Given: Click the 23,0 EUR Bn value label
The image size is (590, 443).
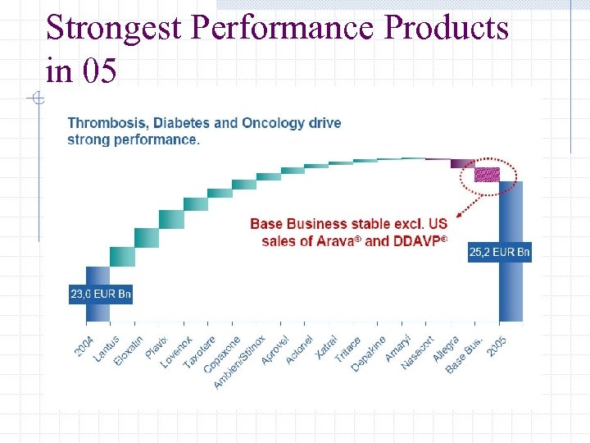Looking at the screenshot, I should [x=100, y=294].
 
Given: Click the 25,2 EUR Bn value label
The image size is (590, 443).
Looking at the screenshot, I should [x=499, y=253].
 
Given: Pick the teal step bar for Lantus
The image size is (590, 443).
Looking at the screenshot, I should [x=122, y=256].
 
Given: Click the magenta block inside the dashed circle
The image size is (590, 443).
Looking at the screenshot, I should [x=488, y=174].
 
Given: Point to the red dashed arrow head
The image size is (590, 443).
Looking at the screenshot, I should [x=458, y=215].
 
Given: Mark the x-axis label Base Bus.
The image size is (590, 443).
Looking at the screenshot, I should [x=465, y=355].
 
